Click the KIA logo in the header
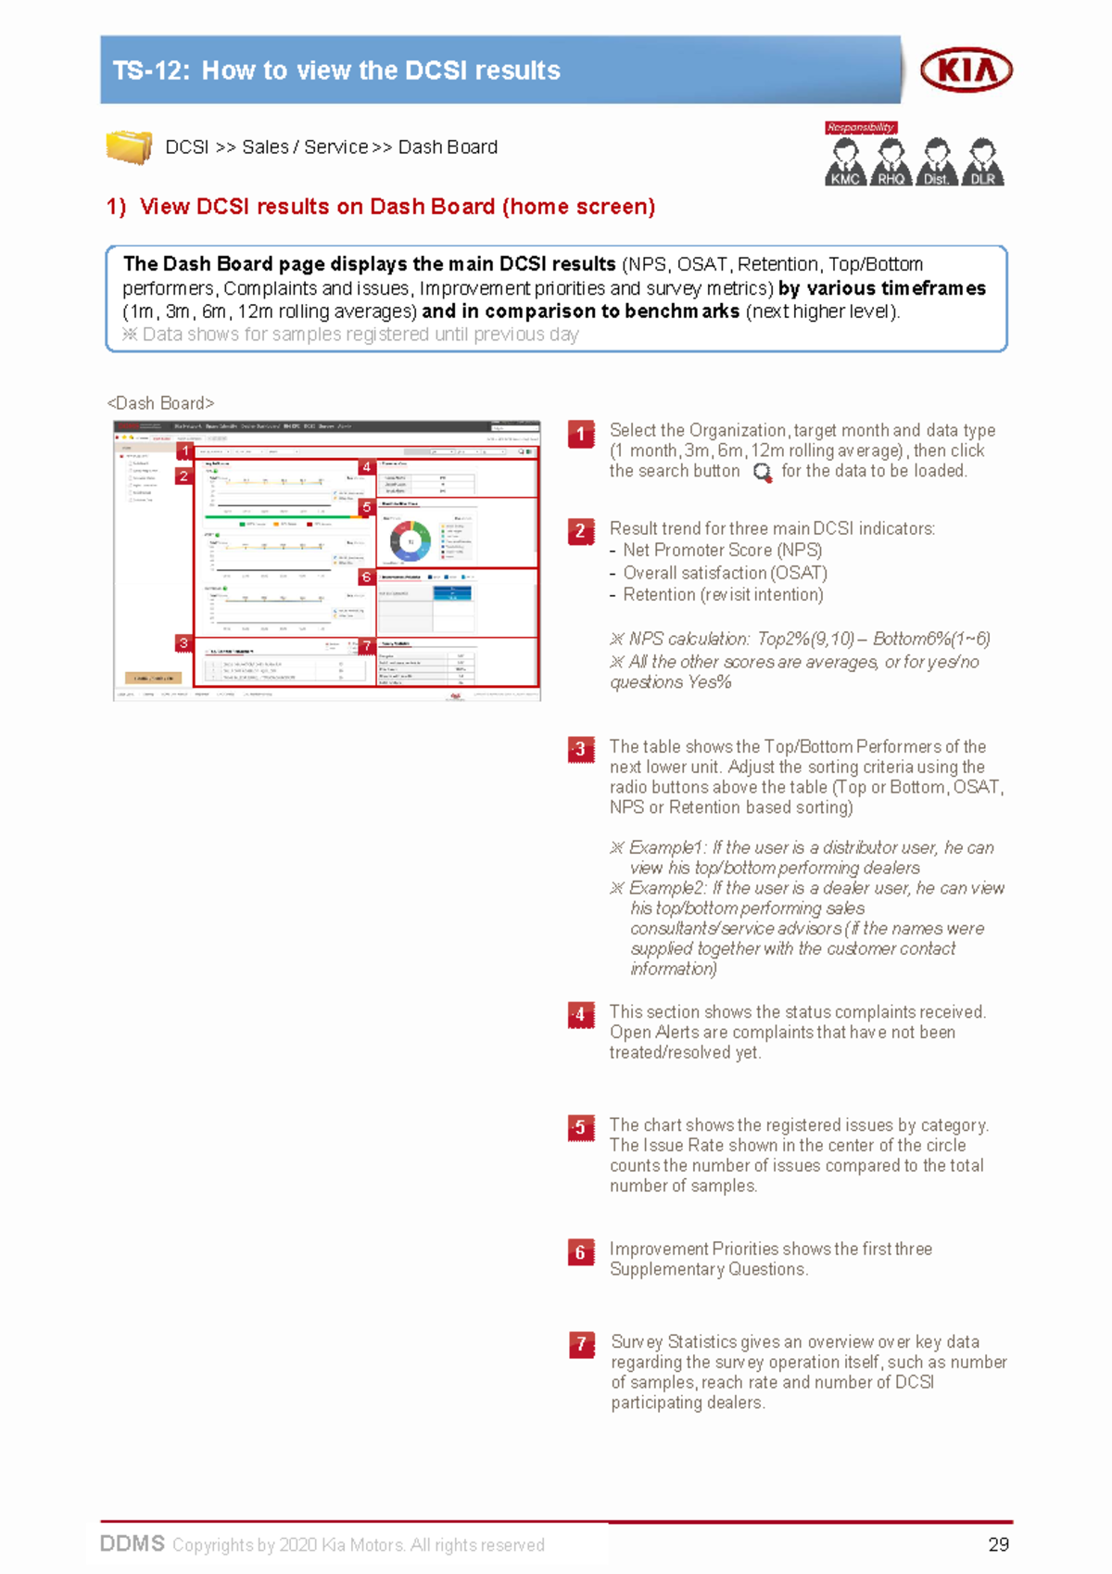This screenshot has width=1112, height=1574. pos(966,70)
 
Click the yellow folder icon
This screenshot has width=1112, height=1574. pos(129,147)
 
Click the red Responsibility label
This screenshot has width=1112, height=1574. pos(860,128)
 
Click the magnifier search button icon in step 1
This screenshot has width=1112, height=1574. pos(762,473)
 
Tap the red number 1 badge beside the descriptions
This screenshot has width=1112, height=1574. pos(581,434)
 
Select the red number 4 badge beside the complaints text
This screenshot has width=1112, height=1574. pos(581,1015)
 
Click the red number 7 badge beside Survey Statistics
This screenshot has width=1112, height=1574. pos(582,1344)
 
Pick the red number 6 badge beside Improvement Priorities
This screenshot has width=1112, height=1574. pos(581,1252)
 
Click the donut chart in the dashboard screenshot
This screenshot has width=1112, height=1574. pos(410,541)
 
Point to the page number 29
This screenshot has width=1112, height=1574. pos(998,1544)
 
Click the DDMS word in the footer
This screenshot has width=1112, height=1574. pos(133,1543)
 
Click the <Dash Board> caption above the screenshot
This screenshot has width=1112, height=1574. pos(160,403)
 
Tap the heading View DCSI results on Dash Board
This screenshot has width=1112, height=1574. pos(397,207)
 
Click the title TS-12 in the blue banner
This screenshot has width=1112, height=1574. pos(335,70)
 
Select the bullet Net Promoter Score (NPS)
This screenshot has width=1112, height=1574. pos(722,551)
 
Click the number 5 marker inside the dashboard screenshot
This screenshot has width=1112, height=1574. pos(367,507)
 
